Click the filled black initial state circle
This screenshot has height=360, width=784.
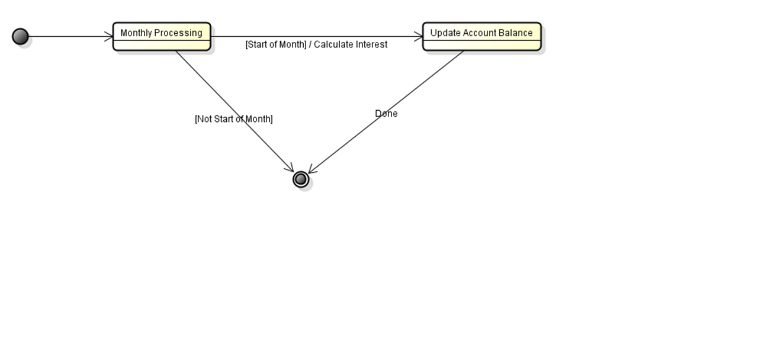click(x=20, y=37)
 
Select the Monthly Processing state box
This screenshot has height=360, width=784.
click(x=162, y=37)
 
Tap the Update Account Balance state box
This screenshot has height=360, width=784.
click(x=481, y=37)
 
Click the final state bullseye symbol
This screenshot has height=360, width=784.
click(x=301, y=179)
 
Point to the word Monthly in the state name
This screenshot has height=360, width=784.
click(x=136, y=33)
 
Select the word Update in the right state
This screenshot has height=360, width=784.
click(x=444, y=33)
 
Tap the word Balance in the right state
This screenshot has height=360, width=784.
click(x=516, y=33)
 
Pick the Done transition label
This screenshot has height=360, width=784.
click(x=386, y=114)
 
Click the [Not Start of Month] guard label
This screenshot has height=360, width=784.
click(x=234, y=119)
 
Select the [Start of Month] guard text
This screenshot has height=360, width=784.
click(x=276, y=45)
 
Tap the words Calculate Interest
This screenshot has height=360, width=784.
click(x=351, y=45)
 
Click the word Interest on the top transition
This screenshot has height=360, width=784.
click(x=371, y=45)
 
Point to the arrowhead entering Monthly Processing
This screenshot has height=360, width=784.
click(x=109, y=37)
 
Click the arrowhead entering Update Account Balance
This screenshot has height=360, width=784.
click(x=419, y=37)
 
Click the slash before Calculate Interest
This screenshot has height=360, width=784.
click(x=310, y=45)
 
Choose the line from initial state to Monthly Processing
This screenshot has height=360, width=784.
click(x=68, y=37)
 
